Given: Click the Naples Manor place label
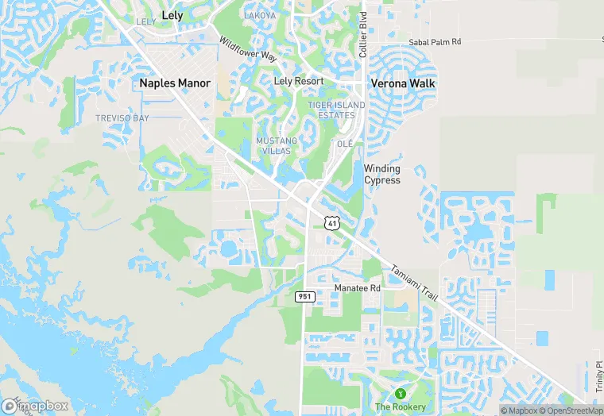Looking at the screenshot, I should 175,83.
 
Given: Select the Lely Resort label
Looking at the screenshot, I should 298,82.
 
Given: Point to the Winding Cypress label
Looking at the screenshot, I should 382,174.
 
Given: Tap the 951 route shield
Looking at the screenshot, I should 305,296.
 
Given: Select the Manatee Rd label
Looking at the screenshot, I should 357,287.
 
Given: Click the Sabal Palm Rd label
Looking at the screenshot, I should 435,42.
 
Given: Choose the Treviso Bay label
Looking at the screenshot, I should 122,118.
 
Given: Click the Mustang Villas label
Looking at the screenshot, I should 277,146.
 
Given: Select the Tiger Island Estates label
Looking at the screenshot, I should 336,110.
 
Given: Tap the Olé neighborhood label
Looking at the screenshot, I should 345,144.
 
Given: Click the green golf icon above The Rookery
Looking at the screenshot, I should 401,393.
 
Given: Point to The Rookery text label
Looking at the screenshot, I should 400,407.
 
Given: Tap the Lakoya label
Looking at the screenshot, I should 259,15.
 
